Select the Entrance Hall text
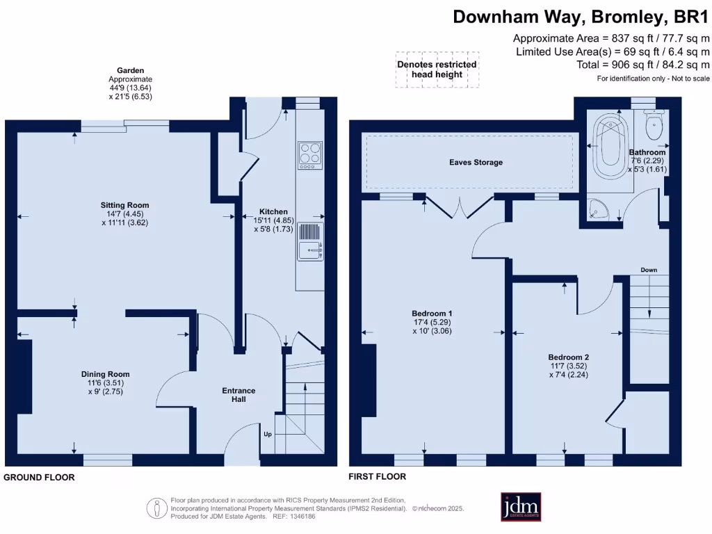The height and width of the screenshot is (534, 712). tap(238, 394)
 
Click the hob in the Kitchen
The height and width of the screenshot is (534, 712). tap(309, 155)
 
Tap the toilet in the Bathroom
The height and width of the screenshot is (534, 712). tap(654, 126)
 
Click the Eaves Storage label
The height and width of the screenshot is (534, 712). tap(476, 162)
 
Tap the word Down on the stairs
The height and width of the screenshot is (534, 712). tap(648, 270)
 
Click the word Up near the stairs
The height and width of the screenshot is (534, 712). tap(267, 434)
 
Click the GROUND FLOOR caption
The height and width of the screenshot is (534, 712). tap(39, 478)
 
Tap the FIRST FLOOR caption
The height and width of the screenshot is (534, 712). tap(378, 477)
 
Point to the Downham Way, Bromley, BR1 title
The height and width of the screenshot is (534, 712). tap(581, 16)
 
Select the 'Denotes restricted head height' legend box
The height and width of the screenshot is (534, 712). tap(437, 69)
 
